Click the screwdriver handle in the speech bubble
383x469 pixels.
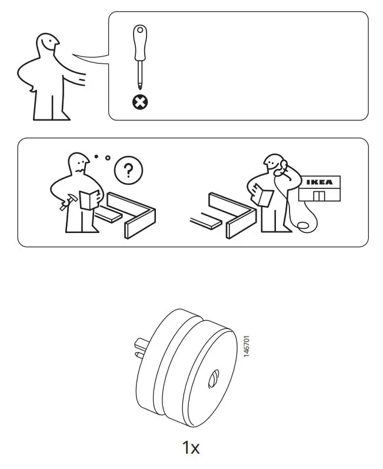pyautogui.click(x=139, y=42)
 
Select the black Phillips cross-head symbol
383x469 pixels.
pyautogui.click(x=139, y=103)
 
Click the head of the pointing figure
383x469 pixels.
pyautogui.click(x=48, y=44)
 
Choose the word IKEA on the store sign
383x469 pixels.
pyautogui.click(x=319, y=182)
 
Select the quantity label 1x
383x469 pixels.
pyautogui.click(x=191, y=448)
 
